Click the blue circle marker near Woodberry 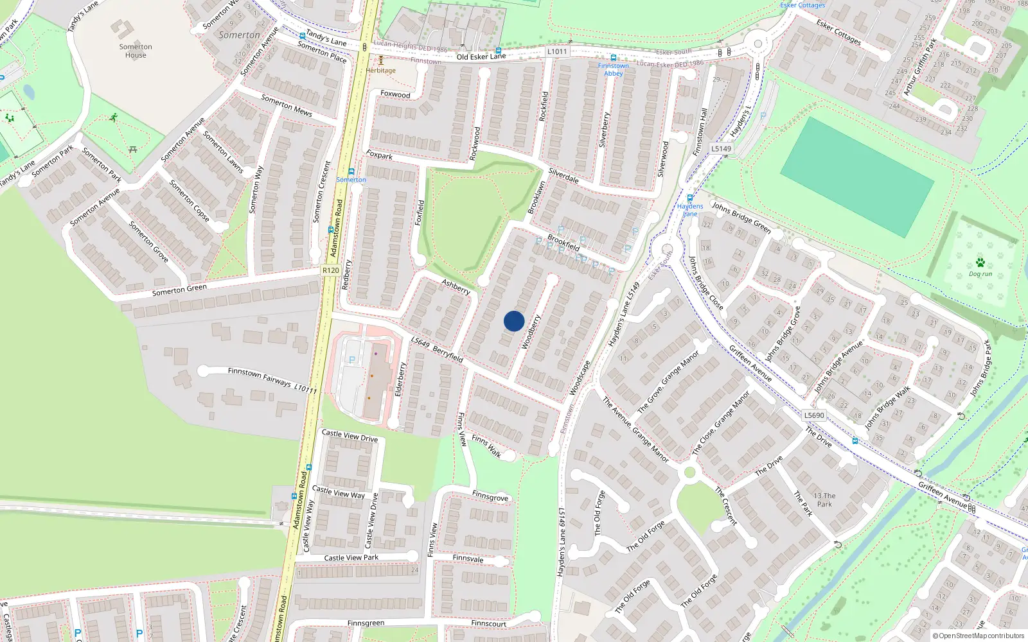[514, 321]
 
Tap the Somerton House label [136, 51]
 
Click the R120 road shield [330, 270]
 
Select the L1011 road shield [557, 51]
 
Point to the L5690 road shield [814, 415]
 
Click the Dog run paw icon [980, 263]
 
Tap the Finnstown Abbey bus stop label [614, 69]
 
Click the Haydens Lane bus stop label [690, 210]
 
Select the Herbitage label [381, 71]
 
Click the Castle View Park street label [351, 558]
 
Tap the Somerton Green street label [179, 290]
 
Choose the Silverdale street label [563, 175]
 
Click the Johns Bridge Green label [741, 217]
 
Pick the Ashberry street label [456, 287]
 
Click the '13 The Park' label [824, 500]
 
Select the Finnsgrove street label [490, 497]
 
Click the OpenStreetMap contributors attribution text [978, 636]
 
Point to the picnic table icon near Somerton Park [133, 150]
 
